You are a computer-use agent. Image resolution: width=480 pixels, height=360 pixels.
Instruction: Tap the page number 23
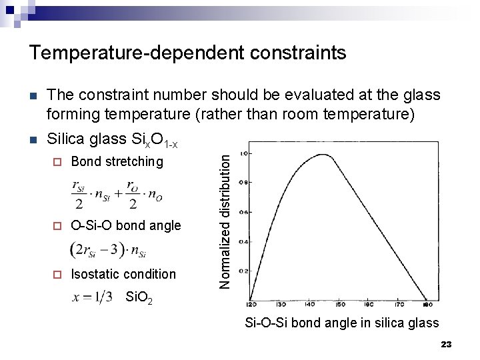coord(446,344)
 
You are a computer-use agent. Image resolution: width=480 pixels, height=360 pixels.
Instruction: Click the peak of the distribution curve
coord(321,154)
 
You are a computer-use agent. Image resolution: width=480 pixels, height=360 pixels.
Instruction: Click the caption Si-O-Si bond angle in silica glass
coord(341,323)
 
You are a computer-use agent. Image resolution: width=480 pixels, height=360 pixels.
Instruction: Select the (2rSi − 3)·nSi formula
coord(108,250)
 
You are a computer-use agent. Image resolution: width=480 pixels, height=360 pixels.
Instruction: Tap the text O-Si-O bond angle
coord(125,225)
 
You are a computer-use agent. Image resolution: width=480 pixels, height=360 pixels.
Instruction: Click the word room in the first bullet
coord(295,114)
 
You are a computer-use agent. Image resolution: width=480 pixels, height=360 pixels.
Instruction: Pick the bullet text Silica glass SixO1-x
coord(113,139)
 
